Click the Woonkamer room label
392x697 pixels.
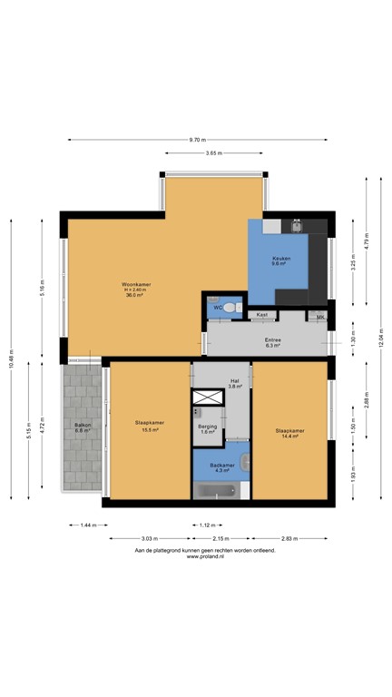point(137,290)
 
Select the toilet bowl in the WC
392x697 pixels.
point(230,308)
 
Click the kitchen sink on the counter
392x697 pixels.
point(297,226)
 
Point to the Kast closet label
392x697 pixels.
point(262,315)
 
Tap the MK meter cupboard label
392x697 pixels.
point(320,316)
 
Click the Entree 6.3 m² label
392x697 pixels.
point(272,342)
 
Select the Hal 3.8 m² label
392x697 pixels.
point(234,383)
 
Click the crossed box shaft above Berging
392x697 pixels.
point(209,397)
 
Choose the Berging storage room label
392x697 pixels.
point(207,428)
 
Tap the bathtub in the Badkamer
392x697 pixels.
point(216,491)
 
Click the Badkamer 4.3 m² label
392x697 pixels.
point(222,467)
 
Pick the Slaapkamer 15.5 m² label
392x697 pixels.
point(149,427)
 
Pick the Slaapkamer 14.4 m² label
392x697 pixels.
point(289,433)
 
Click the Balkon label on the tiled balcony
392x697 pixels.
point(82,427)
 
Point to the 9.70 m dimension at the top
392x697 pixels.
point(197,140)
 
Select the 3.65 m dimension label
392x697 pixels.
point(214,153)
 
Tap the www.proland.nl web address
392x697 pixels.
point(205,557)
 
